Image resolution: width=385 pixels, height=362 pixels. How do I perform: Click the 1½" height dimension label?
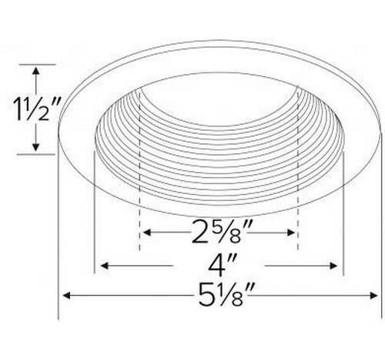37,109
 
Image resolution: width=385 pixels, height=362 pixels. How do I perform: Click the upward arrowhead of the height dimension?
36,71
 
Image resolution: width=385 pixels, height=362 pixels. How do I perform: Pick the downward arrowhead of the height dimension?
36,147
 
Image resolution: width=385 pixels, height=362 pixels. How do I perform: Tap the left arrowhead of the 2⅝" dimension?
147,233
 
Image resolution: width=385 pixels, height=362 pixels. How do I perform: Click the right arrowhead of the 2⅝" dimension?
291,233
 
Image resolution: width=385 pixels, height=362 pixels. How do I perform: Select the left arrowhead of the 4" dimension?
104,266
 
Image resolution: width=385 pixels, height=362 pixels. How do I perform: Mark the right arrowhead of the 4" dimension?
333,266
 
